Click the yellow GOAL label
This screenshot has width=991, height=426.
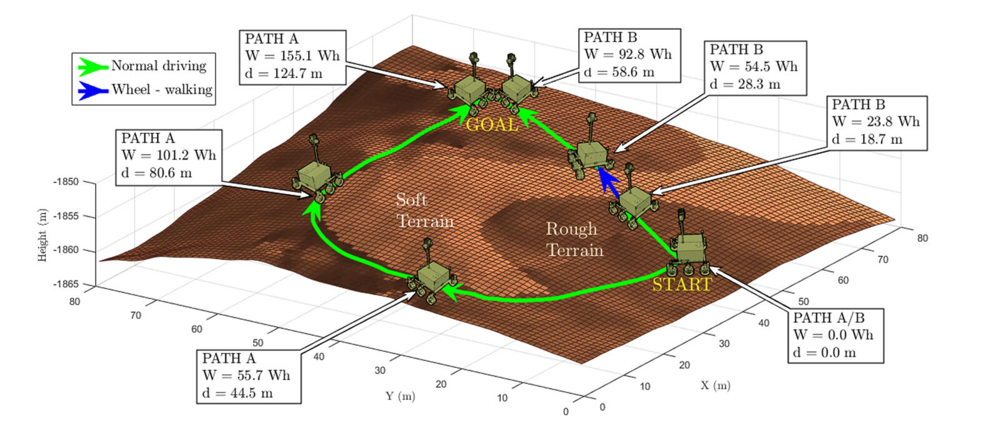pos(492,124)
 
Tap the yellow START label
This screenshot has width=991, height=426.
pos(682,284)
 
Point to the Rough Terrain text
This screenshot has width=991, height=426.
pos(574,240)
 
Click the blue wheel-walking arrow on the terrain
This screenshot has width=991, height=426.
pos(609,181)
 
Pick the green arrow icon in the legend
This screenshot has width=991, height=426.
pos(93,66)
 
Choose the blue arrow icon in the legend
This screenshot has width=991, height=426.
pos(93,90)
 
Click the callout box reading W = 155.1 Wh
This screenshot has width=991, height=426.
pos(292,57)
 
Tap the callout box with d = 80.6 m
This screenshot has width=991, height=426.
pos(169,157)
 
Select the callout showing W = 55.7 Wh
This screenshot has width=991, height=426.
pos(249,377)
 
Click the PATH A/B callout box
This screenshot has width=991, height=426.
pos(835,336)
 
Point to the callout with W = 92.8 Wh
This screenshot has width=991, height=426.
pos(630,55)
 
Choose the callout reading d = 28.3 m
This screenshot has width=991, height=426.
pos(755,68)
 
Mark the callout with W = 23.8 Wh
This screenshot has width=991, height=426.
pos(877,123)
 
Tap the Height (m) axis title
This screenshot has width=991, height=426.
pos(42,235)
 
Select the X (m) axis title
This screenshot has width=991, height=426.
pos(715,386)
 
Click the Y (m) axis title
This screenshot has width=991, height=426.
pos(401,396)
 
